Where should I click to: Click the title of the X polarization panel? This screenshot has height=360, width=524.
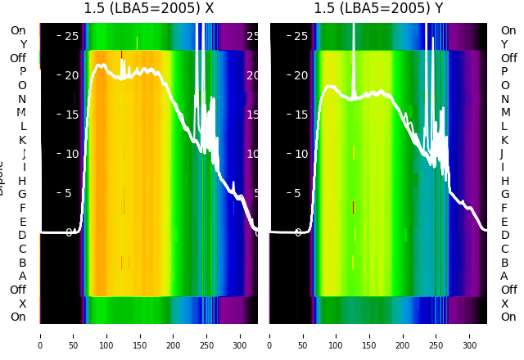(x=149, y=9)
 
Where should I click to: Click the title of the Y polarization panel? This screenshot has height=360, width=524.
(x=379, y=9)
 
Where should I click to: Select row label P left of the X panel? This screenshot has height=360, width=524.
(x=23, y=72)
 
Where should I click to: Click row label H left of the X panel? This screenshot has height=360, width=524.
(x=22, y=181)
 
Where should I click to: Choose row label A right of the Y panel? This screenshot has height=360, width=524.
(x=504, y=277)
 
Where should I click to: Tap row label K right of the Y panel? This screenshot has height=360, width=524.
(x=504, y=140)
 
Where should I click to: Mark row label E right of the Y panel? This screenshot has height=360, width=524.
(x=504, y=222)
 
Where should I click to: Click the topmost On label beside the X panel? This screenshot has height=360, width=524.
(x=18, y=31)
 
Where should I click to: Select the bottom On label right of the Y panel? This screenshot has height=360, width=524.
(x=508, y=317)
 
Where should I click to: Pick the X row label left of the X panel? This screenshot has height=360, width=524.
(x=23, y=304)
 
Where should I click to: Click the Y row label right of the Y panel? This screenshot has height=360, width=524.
(x=504, y=44)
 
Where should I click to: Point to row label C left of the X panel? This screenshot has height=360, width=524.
(x=23, y=249)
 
